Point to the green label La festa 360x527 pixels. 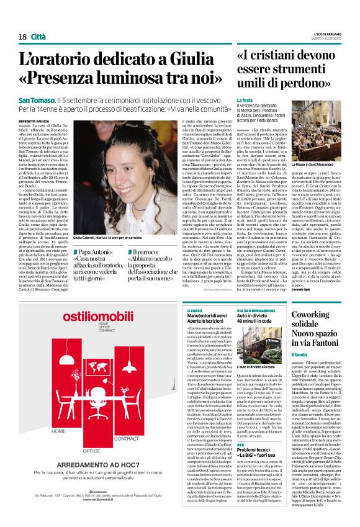tap(245, 100)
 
